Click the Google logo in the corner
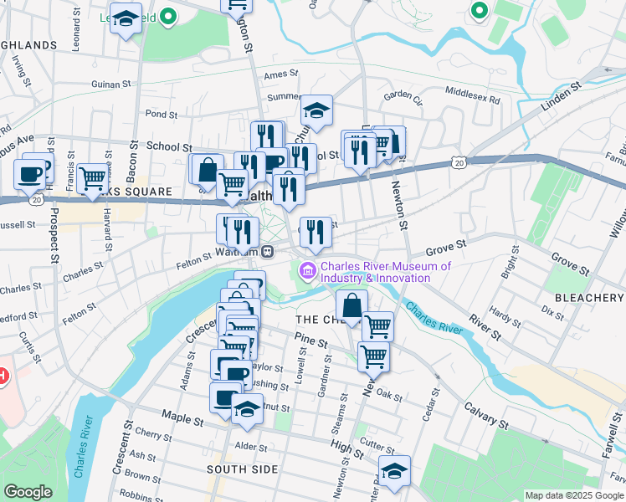pos(28,492)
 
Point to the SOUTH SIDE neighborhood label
pos(243,469)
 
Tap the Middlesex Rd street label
pos(472,95)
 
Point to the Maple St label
pos(177,414)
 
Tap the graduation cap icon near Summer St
pos(317,110)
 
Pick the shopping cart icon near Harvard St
pos(92,178)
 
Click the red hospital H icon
pos(3,376)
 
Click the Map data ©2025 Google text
pos(573,495)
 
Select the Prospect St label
pos(53,242)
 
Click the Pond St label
pos(162,115)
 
